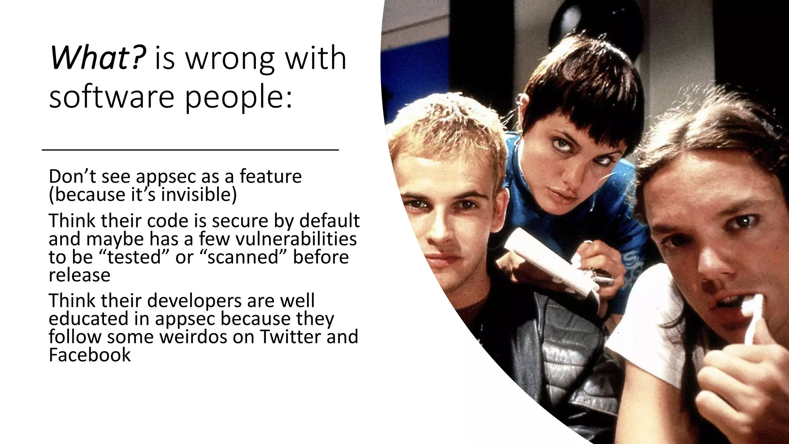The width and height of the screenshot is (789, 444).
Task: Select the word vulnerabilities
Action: [296, 239]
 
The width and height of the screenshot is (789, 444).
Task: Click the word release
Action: [79, 275]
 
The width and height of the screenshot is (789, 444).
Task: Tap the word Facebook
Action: [90, 355]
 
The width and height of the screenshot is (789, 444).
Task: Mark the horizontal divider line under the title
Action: [190, 150]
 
